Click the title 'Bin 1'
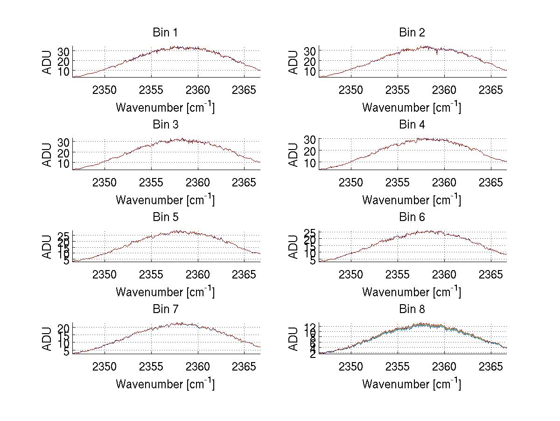[165, 33]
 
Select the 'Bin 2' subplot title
[412, 33]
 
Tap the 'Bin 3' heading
[165, 125]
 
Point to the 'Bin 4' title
[412, 125]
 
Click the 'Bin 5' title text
[165, 217]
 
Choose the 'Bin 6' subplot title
[412, 217]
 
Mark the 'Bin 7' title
[165, 309]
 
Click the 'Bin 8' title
[412, 309]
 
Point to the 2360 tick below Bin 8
[445, 366]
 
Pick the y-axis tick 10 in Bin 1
[63, 71]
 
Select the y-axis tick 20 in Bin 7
[63, 328]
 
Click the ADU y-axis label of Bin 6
[294, 247]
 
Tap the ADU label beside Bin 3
[47, 155]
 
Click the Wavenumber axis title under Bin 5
[165, 292]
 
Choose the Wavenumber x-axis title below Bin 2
[412, 107]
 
